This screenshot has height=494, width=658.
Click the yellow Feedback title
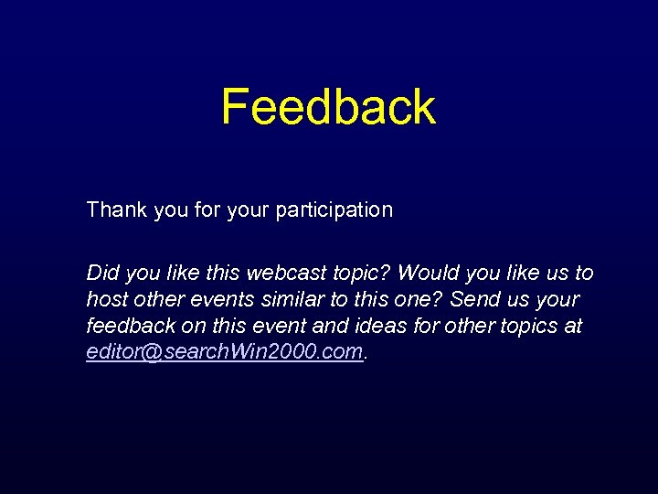click(x=328, y=107)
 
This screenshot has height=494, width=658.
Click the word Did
click(x=101, y=273)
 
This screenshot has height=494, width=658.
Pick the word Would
click(x=428, y=273)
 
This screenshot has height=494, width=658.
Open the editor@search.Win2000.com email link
click(x=225, y=352)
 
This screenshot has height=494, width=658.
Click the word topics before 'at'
click(x=525, y=326)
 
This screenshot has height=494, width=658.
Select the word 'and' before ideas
click(x=325, y=326)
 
